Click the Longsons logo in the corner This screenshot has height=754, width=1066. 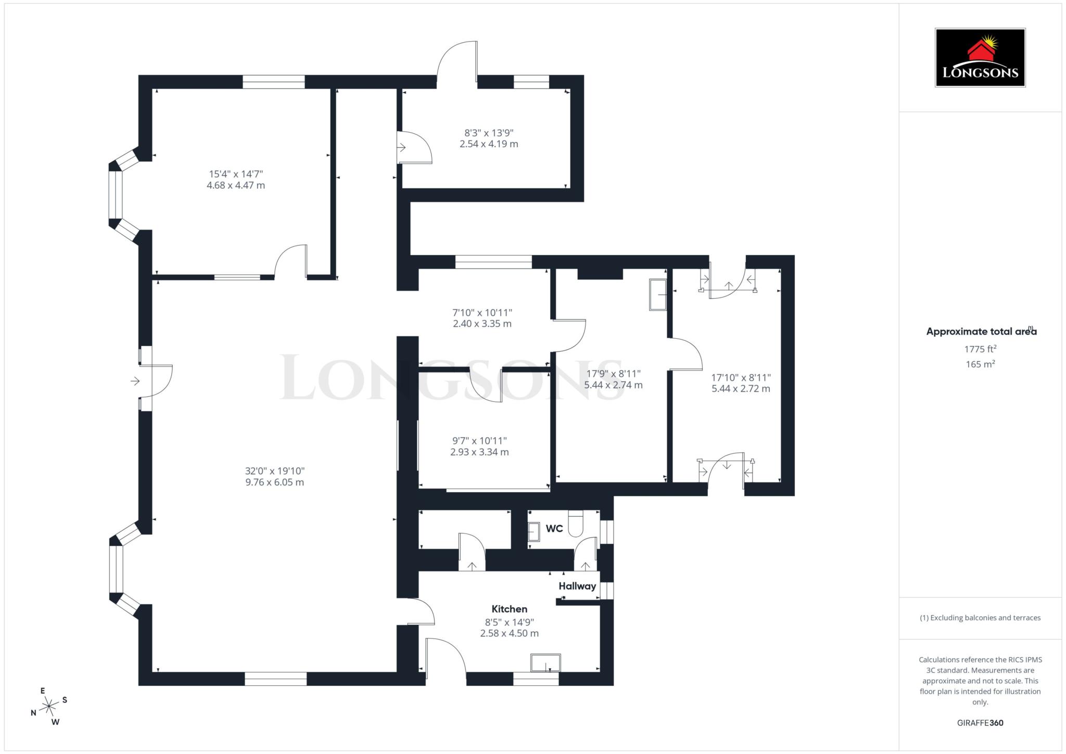coord(980,58)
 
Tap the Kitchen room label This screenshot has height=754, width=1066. coord(509,609)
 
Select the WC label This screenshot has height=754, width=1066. coord(554,529)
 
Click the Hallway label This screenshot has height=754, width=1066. coord(577,586)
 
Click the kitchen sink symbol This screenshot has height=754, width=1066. coord(545,663)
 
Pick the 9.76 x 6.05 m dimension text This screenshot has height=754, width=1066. coord(274,482)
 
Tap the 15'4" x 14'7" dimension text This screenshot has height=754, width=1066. coord(236,174)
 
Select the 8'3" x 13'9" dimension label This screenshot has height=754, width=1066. coord(489,133)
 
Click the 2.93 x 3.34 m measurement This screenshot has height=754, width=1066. coord(479,452)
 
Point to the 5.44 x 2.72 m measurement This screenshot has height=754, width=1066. coord(741,389)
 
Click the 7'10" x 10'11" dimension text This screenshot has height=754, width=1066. coord(482,313)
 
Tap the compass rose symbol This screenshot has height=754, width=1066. coord(49,706)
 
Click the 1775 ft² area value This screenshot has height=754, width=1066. coord(980,349)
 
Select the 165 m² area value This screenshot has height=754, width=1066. coord(980,364)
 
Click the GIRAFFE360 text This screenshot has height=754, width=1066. coord(980,723)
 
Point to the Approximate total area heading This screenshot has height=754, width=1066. coord(981,331)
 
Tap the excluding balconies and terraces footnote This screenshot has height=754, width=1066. coord(980,618)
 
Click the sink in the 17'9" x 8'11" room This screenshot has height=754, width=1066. coord(658,295)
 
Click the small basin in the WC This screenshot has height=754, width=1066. coord(534,532)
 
